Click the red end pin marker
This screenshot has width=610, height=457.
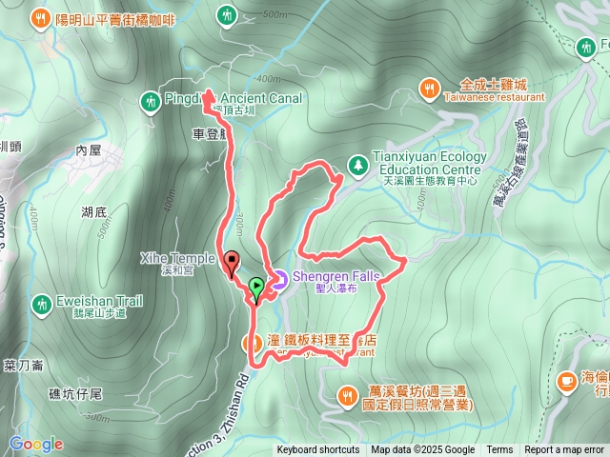click(x=232, y=261)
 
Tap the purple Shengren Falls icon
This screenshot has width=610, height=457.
click(x=279, y=279)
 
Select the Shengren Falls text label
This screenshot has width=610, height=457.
click(x=335, y=276)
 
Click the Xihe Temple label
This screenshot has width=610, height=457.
click(x=177, y=258)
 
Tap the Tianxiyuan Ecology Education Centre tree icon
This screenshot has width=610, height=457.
click(x=357, y=165)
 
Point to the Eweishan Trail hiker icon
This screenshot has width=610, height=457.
click(x=41, y=304)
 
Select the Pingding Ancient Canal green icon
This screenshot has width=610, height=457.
click(x=150, y=99)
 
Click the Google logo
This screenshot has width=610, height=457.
click(x=36, y=444)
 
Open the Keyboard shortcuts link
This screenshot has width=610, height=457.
click(x=318, y=450)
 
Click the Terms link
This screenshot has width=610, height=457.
click(x=499, y=450)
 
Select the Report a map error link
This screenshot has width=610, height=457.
click(x=564, y=450)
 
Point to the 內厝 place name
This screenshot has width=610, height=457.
click(x=88, y=150)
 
